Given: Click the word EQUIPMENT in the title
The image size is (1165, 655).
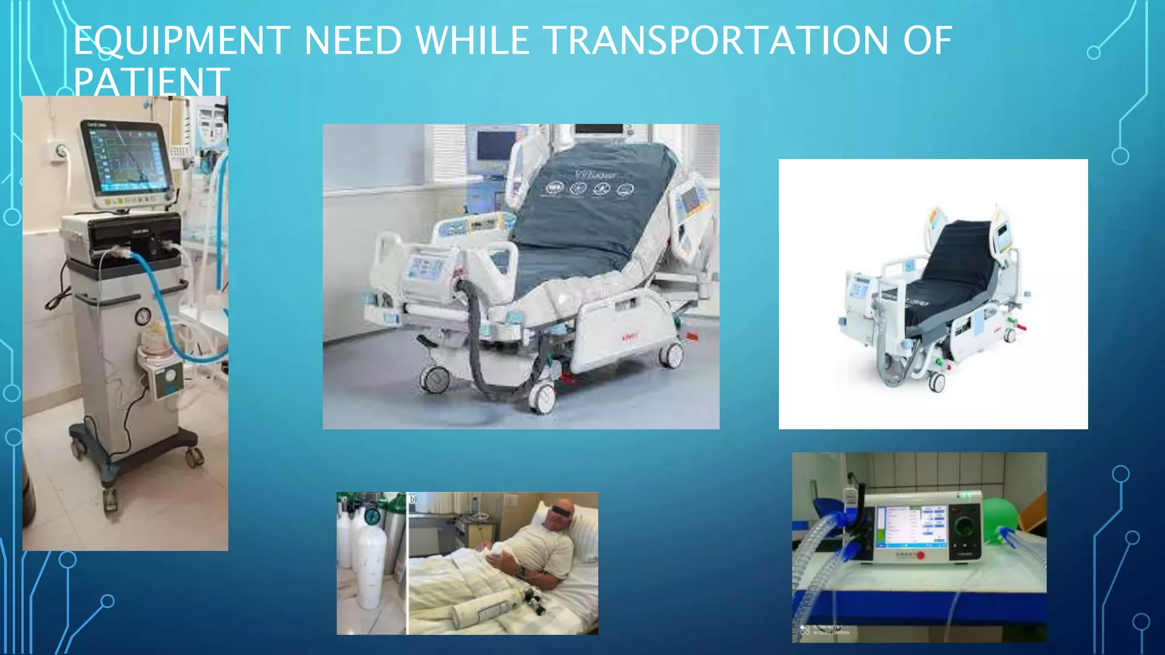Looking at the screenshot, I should point(181,40).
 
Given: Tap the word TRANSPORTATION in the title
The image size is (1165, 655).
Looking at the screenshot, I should point(716,40).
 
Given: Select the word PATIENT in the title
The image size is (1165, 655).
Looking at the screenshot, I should point(151,82).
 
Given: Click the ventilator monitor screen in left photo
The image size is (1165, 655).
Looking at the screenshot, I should point(126,158).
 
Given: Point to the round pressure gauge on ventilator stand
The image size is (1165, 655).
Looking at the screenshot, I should point(143,316).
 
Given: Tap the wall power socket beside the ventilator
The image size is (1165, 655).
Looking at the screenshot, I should point(60,152).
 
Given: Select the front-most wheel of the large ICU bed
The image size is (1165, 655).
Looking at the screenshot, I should point(542,399).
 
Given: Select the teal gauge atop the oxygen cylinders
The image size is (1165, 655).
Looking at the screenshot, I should point(372,516).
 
